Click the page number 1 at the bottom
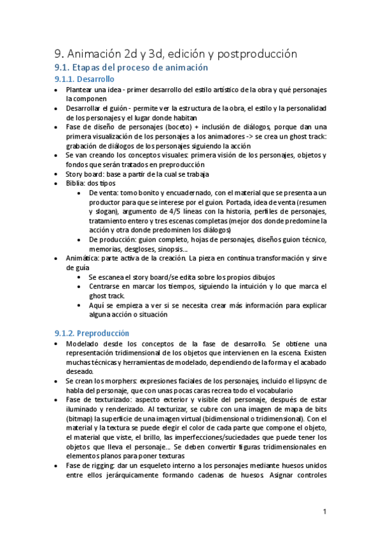click(324, 511)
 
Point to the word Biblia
click(76, 183)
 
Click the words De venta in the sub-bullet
click(105, 193)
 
